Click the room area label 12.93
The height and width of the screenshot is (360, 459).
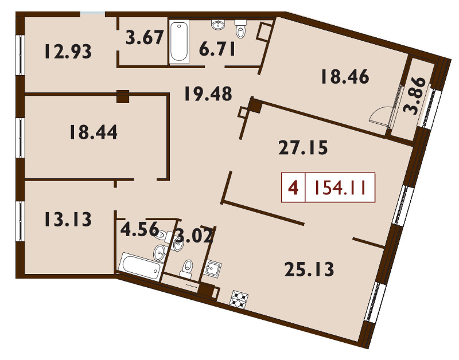click(x=68, y=52)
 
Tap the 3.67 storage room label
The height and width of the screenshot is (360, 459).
click(x=145, y=38)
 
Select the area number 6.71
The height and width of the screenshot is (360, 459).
click(x=217, y=49)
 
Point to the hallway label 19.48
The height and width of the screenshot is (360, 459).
click(x=208, y=94)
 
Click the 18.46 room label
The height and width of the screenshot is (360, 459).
click(x=345, y=77)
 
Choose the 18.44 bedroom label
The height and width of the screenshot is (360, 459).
click(x=94, y=132)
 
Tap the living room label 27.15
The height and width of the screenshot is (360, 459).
click(x=303, y=147)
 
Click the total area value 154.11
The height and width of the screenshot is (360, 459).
click(x=340, y=187)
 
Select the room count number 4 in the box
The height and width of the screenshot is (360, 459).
click(x=293, y=187)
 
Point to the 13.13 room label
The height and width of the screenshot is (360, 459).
click(x=68, y=220)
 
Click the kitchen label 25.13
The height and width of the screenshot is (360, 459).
click(x=309, y=269)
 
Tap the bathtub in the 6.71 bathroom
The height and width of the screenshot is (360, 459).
click(x=179, y=41)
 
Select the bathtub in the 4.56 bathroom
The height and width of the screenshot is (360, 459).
click(x=140, y=266)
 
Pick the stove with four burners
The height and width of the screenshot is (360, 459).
click(x=239, y=299)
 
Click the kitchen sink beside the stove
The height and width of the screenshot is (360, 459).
click(x=213, y=267)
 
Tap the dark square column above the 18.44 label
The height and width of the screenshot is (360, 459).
click(x=123, y=96)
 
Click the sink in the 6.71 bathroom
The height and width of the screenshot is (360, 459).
click(x=218, y=25)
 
